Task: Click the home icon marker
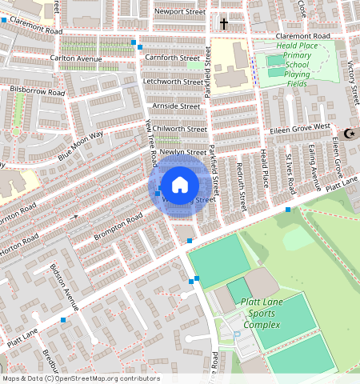click(180, 185)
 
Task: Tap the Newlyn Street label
click(182, 151)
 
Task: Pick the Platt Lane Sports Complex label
click(261, 314)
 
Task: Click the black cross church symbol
click(224, 24)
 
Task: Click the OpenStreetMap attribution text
click(81, 378)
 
